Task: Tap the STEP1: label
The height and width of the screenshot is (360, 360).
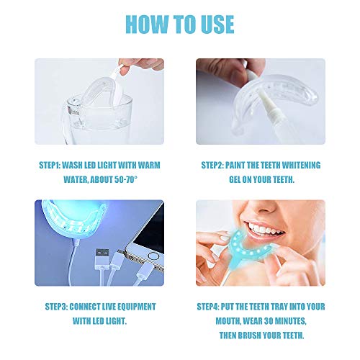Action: tap(50, 166)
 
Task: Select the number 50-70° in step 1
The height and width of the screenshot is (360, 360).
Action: tap(126, 179)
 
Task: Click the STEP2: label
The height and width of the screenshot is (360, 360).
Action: tap(212, 166)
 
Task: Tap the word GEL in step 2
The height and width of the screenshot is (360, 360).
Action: tap(235, 179)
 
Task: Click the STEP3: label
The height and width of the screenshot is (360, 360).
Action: tap(56, 307)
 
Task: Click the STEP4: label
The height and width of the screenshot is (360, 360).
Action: tap(208, 307)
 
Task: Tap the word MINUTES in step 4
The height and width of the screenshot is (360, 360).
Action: tap(290, 321)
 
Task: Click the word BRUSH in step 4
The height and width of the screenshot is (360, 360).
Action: tap(250, 336)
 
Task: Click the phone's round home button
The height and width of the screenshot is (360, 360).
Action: tap(153, 256)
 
